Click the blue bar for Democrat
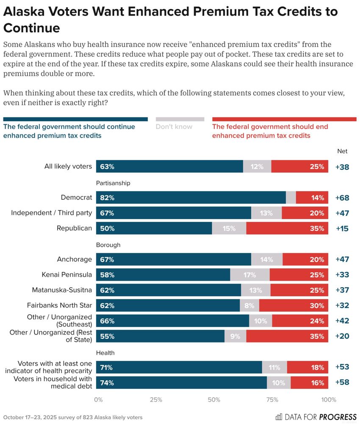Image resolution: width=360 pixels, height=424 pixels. [x=191, y=198]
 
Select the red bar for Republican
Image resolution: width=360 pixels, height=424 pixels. [x=287, y=228]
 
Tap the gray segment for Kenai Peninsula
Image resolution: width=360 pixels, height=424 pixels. [x=250, y=275]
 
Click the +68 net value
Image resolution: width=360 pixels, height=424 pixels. [x=342, y=198]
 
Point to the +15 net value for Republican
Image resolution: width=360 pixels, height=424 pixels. [x=342, y=228]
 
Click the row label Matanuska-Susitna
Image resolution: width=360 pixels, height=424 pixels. [x=62, y=290]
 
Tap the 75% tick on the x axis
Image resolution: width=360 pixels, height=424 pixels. [x=272, y=399]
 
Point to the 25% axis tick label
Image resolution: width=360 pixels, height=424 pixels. [x=156, y=399]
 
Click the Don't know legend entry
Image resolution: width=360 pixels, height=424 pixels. [x=174, y=126]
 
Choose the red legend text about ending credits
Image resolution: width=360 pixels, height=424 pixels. [x=270, y=131]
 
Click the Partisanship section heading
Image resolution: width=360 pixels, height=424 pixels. [x=113, y=183]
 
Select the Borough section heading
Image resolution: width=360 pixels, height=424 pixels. [x=108, y=245]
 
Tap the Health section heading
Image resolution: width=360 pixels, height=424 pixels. [x=105, y=353]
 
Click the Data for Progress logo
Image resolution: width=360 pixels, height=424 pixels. [x=316, y=417]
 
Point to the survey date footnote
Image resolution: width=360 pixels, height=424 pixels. [x=72, y=417]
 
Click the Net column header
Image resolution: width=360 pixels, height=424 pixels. [x=342, y=151]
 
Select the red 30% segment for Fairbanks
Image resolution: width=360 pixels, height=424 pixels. [x=294, y=305]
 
